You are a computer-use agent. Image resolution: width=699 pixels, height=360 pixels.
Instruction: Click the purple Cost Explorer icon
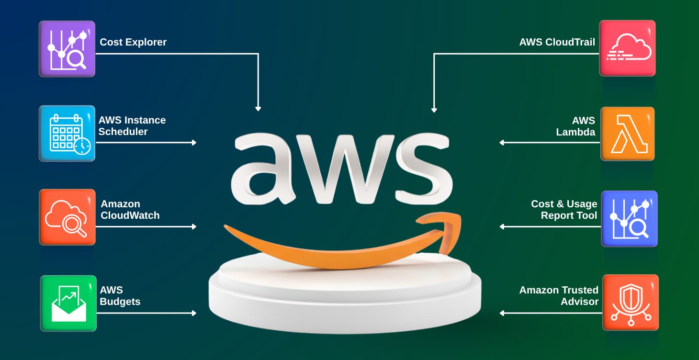(67, 48)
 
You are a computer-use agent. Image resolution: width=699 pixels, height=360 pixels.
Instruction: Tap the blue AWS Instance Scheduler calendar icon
(67, 134)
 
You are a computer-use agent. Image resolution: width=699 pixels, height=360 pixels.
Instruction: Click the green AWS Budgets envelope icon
(68, 303)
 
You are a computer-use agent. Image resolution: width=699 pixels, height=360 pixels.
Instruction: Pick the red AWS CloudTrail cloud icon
(627, 48)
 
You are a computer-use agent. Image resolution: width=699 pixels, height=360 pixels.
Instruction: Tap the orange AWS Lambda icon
(627, 134)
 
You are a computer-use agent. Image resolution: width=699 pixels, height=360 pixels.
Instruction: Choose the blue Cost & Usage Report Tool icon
(629, 219)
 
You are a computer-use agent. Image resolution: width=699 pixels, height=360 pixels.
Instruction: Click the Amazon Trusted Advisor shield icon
(630, 303)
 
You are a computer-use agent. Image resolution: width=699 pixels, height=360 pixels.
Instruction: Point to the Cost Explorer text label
(133, 42)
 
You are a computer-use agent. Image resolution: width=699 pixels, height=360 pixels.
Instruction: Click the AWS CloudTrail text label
(557, 42)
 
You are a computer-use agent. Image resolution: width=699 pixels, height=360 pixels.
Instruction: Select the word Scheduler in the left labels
(123, 132)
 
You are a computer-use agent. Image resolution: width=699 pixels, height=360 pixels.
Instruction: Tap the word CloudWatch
(130, 215)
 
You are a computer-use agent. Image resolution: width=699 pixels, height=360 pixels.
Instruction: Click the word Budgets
(120, 302)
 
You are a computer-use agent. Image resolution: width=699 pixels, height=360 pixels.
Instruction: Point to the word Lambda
(575, 132)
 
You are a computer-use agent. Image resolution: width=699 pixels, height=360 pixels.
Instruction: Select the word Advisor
(579, 302)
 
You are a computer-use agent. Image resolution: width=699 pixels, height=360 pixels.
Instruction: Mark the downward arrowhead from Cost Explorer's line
(258, 109)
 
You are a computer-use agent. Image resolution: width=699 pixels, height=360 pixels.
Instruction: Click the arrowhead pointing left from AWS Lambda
(502, 142)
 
